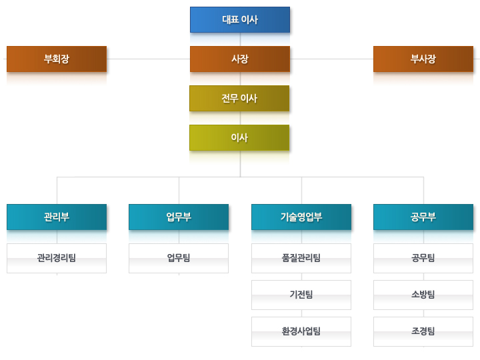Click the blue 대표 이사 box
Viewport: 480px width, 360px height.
click(x=240, y=19)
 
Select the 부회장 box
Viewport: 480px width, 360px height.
click(x=57, y=59)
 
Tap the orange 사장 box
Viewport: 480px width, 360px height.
click(x=240, y=59)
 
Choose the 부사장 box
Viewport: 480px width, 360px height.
click(x=423, y=59)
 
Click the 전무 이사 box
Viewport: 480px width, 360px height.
click(x=239, y=98)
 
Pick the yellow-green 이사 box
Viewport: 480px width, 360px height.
click(x=239, y=137)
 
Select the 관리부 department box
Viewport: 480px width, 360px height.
click(x=57, y=217)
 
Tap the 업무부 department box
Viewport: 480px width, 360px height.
click(x=179, y=217)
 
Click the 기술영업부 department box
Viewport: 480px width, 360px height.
click(x=301, y=217)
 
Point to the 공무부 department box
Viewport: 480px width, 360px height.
click(x=423, y=217)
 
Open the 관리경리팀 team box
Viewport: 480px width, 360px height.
click(x=57, y=258)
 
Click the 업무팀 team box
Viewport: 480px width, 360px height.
click(x=179, y=258)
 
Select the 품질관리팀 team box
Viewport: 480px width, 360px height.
click(x=301, y=258)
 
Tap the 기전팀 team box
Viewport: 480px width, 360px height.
click(x=301, y=295)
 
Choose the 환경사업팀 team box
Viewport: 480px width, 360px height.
click(x=301, y=331)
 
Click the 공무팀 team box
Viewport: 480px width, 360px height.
click(x=423, y=258)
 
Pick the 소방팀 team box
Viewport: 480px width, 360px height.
click(x=423, y=295)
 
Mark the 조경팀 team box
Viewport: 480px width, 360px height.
click(x=423, y=331)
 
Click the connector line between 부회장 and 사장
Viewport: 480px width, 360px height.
click(x=148, y=59)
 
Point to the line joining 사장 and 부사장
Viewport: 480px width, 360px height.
click(x=331, y=59)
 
